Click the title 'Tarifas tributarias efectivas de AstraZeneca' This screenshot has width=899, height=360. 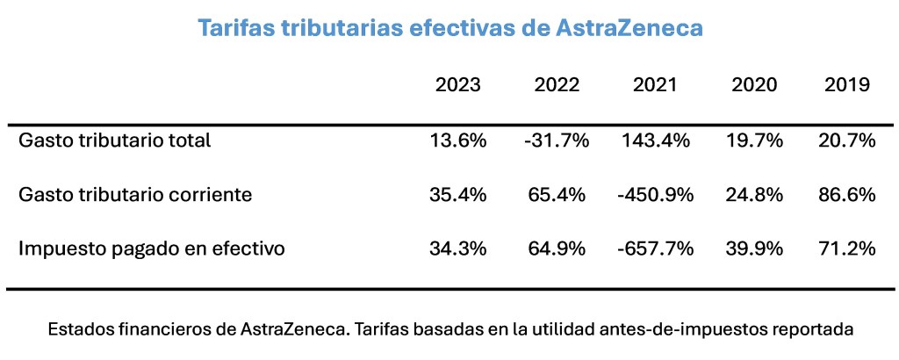[449, 28]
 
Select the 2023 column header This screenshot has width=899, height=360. [458, 85]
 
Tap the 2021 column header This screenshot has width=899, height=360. [655, 85]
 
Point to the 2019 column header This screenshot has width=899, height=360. [847, 85]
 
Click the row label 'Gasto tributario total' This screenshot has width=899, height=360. [115, 140]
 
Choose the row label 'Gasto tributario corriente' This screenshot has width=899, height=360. [135, 194]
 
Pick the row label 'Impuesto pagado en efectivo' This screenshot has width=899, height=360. [152, 248]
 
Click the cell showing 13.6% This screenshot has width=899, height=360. [458, 140]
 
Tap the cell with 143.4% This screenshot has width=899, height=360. [655, 140]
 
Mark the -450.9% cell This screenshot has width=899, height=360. [655, 194]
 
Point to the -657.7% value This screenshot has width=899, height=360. [655, 248]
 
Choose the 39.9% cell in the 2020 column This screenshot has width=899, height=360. [754, 248]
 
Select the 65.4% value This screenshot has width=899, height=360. [557, 194]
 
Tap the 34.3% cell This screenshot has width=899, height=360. [458, 248]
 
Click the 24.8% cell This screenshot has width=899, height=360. [754, 194]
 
